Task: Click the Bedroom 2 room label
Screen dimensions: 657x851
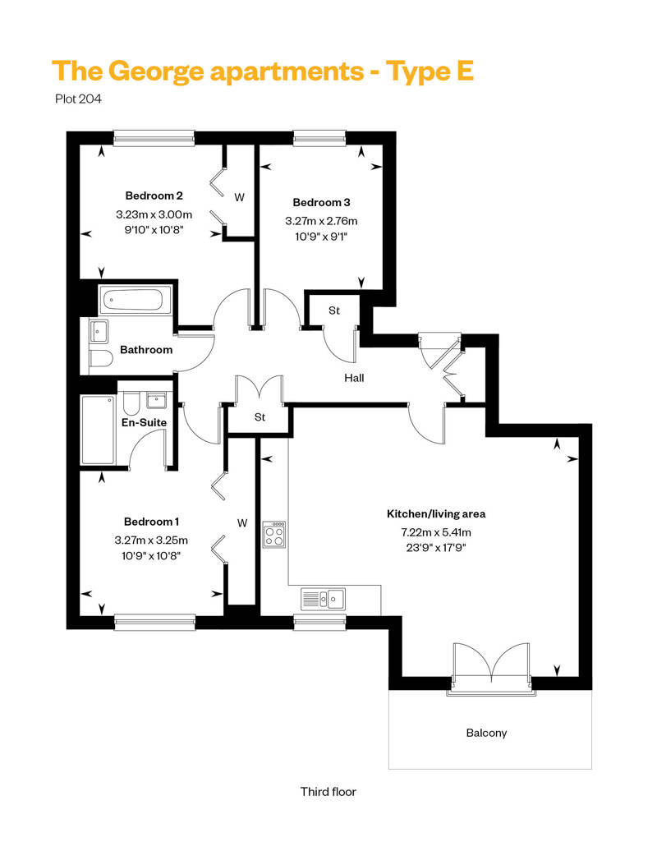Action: tap(154, 195)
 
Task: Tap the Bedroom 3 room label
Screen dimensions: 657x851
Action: tap(321, 202)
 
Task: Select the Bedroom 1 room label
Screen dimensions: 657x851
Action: tap(151, 522)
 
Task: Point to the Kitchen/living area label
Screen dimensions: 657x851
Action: tap(436, 514)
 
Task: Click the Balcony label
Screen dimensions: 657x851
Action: tap(487, 734)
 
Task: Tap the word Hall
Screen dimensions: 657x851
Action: tap(354, 378)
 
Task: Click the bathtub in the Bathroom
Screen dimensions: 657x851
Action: tap(135, 300)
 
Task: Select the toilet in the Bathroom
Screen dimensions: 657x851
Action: tap(100, 359)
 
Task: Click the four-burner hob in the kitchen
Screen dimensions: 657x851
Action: tap(274, 535)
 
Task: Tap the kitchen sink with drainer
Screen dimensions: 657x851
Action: tap(324, 599)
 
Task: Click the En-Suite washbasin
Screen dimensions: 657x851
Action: tap(157, 401)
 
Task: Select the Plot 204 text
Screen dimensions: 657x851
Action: tap(78, 99)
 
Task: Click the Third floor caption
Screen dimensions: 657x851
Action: tap(328, 792)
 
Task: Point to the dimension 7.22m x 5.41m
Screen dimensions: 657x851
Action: tap(436, 532)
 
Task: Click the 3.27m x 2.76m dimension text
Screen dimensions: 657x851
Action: tap(321, 221)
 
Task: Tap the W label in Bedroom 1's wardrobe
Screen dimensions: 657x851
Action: tap(242, 523)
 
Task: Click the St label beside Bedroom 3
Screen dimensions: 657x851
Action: tap(334, 310)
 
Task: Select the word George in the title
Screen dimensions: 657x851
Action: tap(156, 72)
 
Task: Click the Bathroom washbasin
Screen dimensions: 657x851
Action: tap(99, 331)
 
